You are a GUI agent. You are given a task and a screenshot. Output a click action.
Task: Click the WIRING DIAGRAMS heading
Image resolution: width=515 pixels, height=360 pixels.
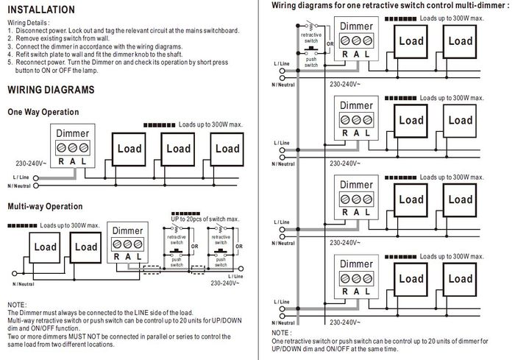click(x=50, y=90)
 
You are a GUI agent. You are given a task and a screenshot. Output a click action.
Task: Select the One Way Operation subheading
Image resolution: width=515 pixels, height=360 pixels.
click(x=43, y=112)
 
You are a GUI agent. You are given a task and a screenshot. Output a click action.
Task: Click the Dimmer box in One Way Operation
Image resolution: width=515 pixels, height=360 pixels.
click(x=72, y=147)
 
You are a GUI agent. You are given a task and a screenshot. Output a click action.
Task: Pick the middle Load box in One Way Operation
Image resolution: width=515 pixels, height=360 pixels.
click(x=178, y=149)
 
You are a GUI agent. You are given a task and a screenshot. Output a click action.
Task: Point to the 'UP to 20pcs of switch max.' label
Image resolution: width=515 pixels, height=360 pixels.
click(x=205, y=219)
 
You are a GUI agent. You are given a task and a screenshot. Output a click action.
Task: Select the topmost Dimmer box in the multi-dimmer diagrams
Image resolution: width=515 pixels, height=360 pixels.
click(x=355, y=43)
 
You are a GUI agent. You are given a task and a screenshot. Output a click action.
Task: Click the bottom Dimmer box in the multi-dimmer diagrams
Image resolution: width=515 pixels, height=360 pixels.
click(x=355, y=277)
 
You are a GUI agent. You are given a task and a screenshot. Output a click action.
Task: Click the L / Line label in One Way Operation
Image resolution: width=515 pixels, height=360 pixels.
click(x=21, y=177)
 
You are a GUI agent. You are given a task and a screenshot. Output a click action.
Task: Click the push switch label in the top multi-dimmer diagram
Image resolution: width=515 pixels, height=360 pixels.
click(x=310, y=61)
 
